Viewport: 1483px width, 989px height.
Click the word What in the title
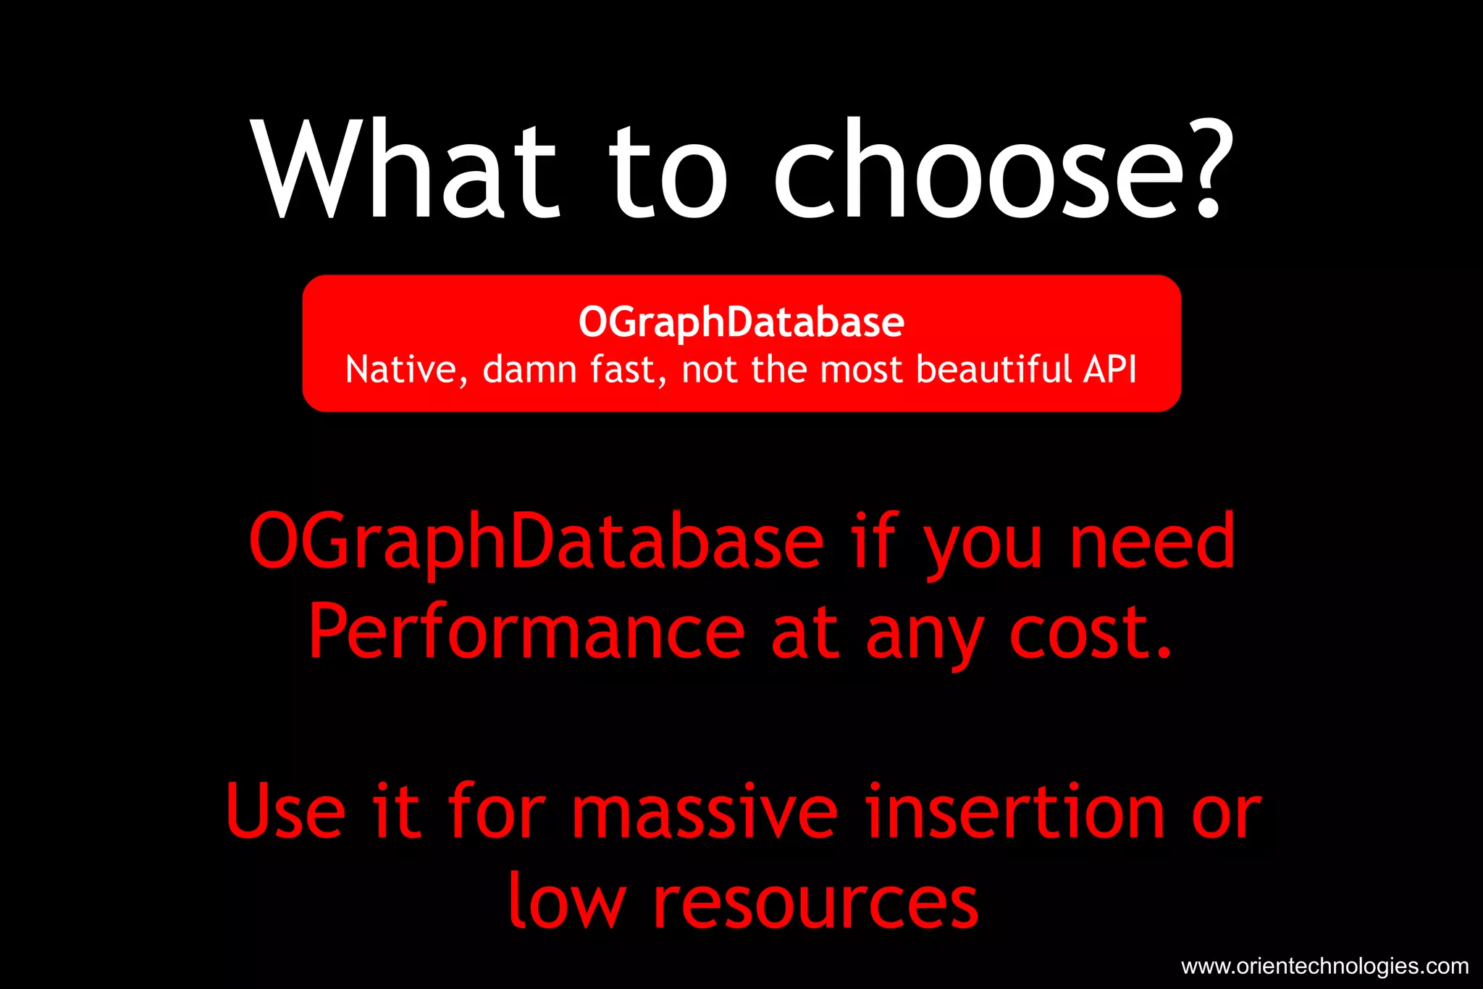[406, 170]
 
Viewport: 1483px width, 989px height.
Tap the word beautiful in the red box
[993, 370]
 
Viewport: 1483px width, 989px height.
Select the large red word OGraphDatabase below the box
[536, 542]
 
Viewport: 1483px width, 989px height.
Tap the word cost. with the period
[1090, 632]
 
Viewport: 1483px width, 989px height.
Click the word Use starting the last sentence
[285, 811]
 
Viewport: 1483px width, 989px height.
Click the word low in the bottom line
[566, 901]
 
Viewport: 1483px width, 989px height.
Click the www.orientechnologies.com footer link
[1324, 966]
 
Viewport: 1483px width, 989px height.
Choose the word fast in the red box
[626, 370]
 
